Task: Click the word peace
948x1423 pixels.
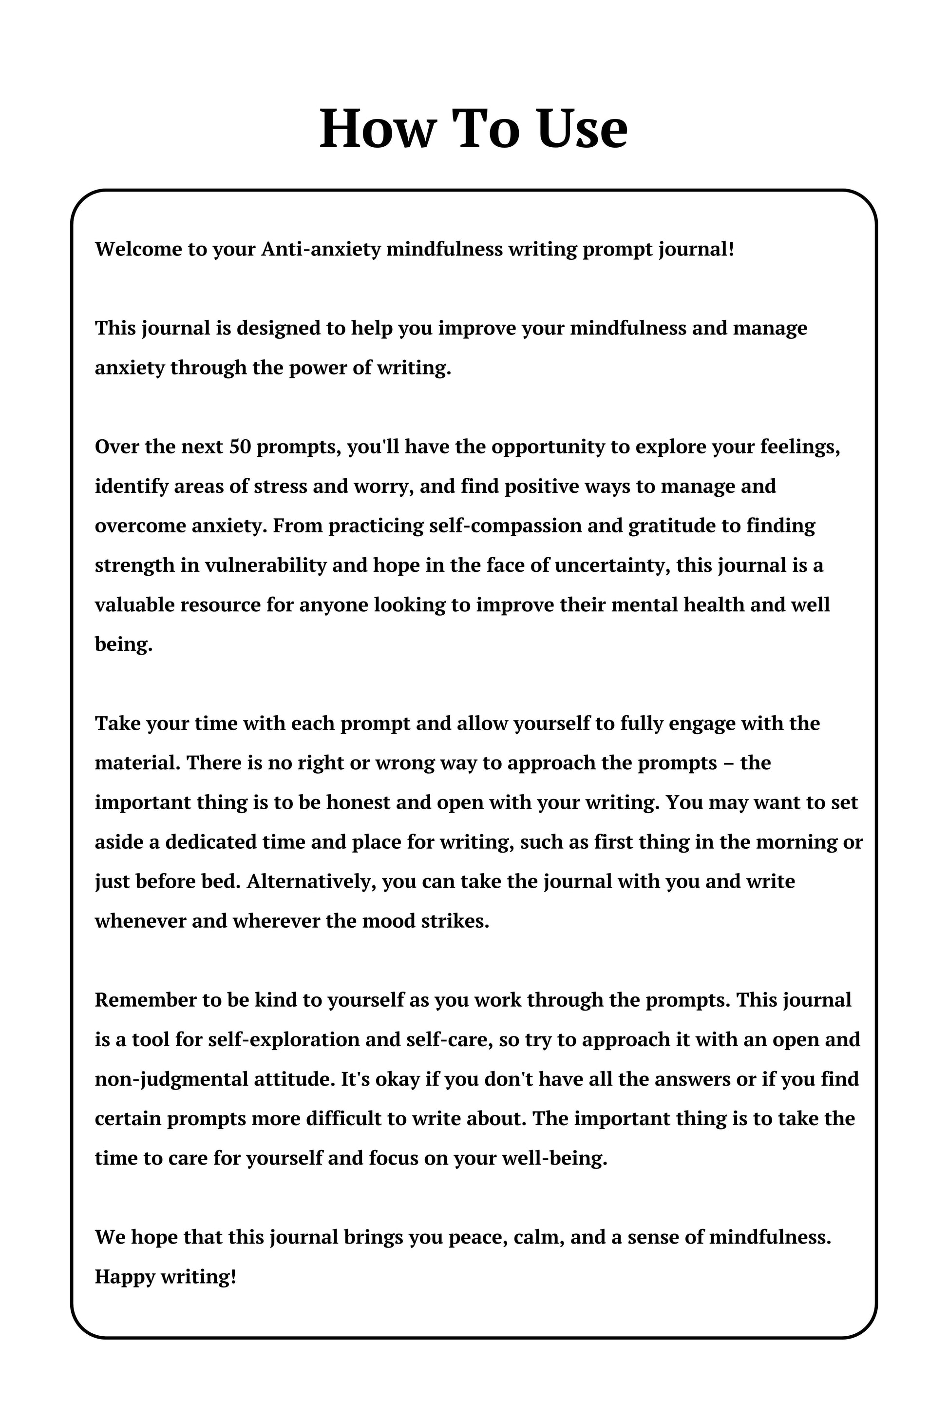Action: (477, 1237)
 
